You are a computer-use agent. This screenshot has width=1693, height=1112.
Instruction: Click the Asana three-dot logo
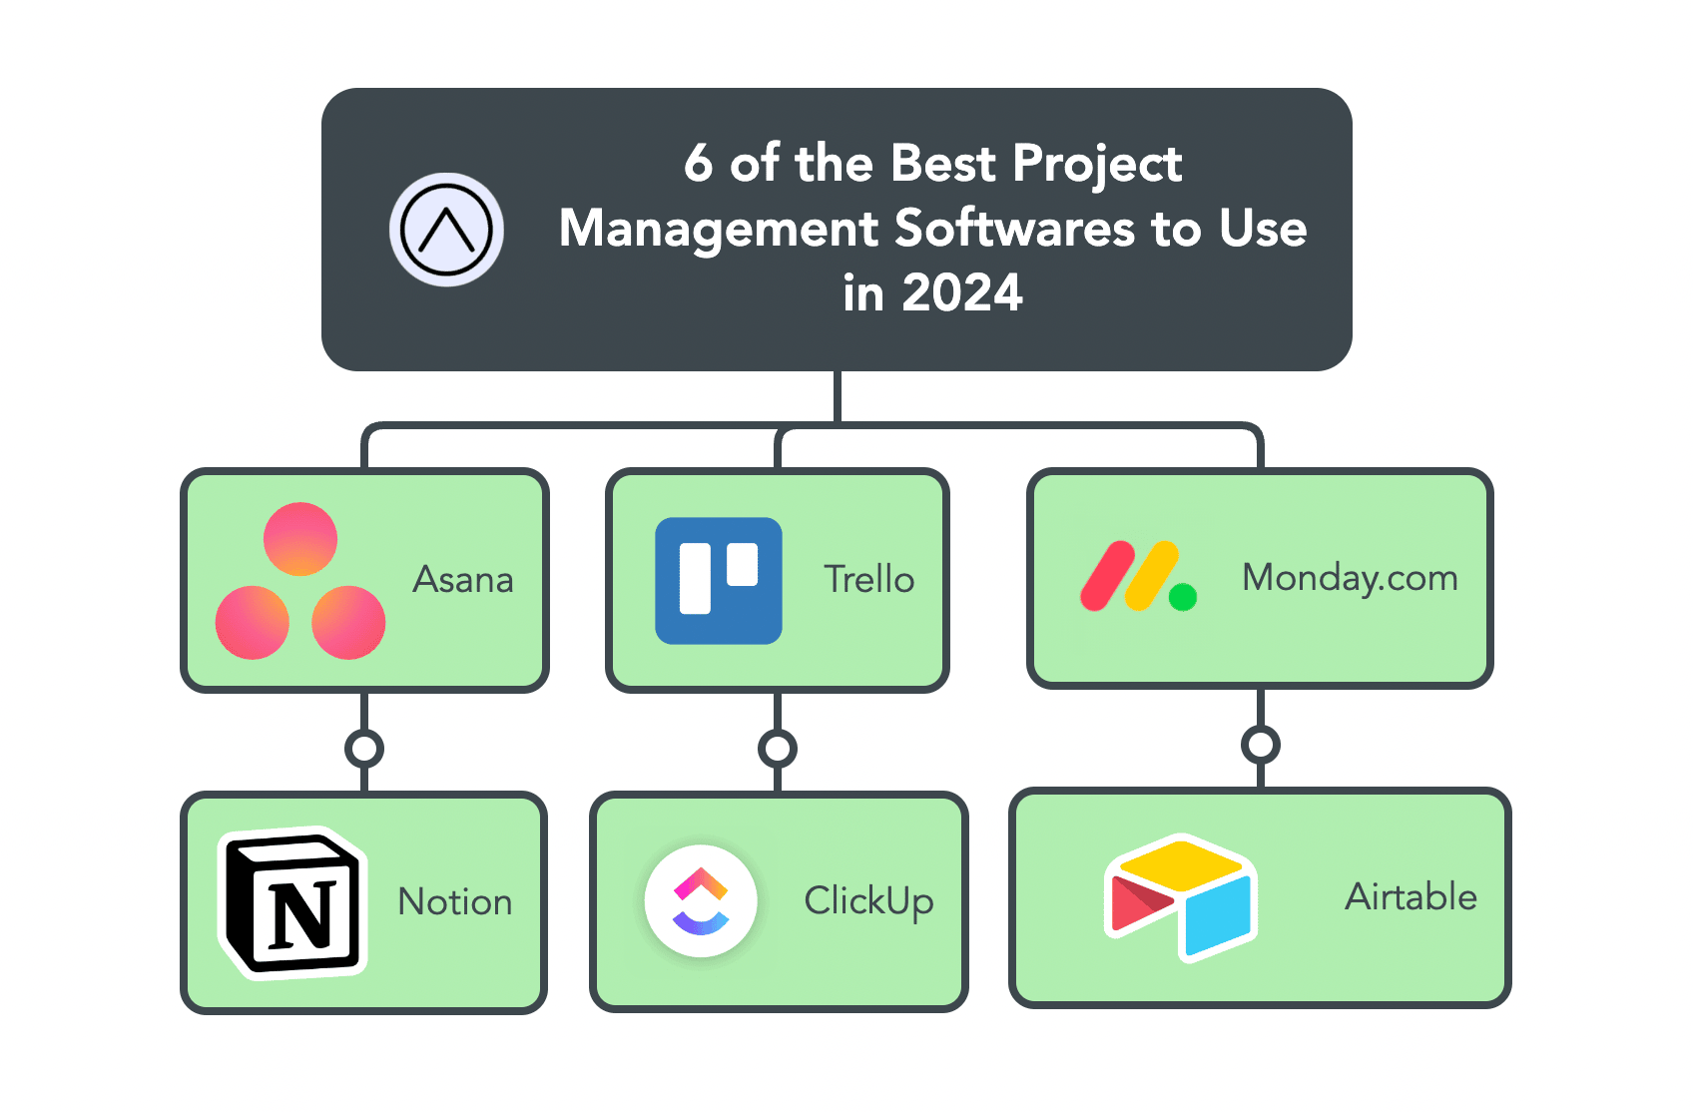tap(300, 581)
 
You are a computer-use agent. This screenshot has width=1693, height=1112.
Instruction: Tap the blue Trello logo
tap(718, 581)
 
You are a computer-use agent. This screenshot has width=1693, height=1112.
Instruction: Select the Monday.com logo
tap(1138, 575)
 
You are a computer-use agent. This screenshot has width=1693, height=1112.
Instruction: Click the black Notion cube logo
tap(292, 902)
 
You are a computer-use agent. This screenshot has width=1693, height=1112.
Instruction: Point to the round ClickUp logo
tap(701, 901)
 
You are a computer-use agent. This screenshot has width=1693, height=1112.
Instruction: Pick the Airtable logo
tap(1181, 897)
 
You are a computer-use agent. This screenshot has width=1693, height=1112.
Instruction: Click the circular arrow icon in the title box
tap(446, 230)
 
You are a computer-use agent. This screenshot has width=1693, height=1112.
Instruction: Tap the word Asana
tap(462, 580)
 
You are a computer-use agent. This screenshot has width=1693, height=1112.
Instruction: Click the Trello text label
tap(869, 580)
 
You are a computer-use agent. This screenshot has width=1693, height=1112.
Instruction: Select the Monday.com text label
tap(1350, 578)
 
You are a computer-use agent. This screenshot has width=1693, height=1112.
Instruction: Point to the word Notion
tap(455, 901)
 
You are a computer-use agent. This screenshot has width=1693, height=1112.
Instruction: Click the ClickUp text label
tap(869, 901)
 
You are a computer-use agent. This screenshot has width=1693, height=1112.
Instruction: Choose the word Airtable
tap(1411, 897)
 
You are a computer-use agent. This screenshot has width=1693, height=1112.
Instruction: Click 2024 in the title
tap(962, 293)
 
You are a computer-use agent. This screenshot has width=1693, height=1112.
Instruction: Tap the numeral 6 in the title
tap(699, 163)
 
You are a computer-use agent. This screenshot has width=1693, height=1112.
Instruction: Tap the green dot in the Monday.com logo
tap(1183, 597)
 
